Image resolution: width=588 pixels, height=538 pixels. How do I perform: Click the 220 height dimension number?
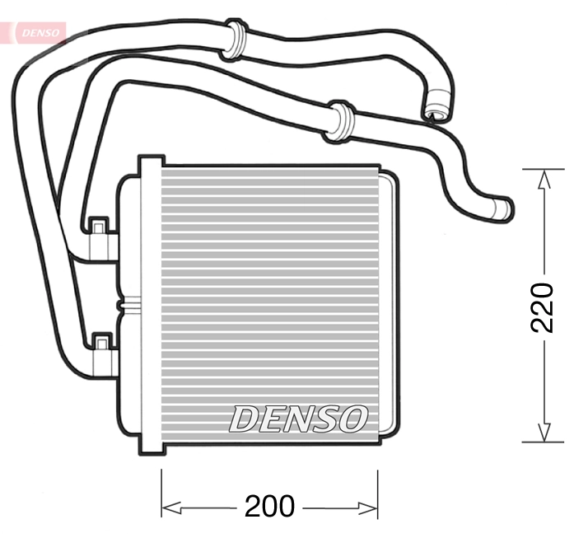542,306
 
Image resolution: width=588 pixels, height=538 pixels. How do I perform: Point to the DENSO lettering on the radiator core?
297,419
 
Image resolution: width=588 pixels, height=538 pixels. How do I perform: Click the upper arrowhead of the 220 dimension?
543,178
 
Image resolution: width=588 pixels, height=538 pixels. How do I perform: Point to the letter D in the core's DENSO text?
245,419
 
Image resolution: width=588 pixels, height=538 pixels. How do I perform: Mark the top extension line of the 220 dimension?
543,168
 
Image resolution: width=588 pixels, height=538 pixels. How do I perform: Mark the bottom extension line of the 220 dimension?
543,442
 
